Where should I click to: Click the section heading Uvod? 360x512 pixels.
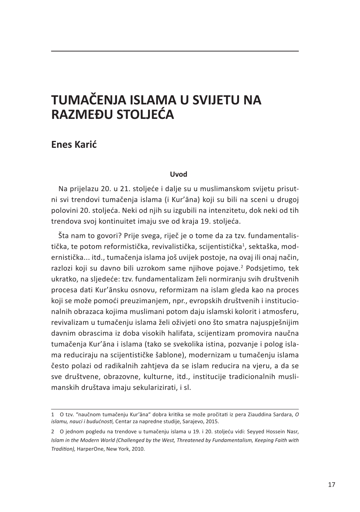point(178,175)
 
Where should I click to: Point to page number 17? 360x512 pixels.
point(331,485)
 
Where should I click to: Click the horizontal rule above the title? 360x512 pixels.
point(175,51)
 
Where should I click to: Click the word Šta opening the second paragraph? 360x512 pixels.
point(64,236)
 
